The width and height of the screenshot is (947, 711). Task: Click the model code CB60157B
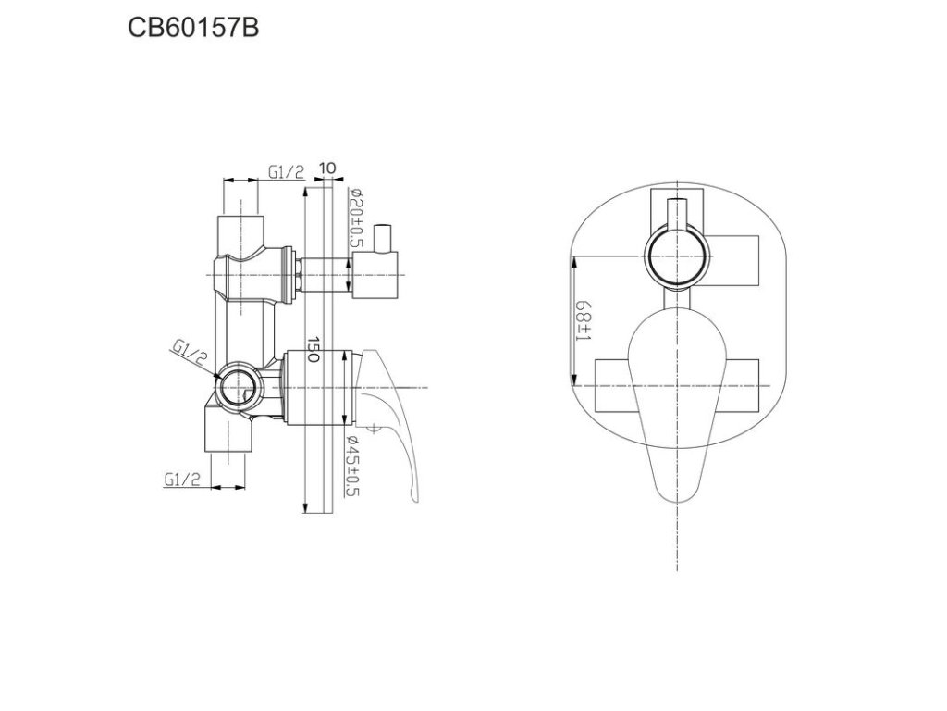click(192, 29)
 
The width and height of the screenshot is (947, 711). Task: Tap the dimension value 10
click(326, 170)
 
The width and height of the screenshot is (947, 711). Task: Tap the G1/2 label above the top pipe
click(286, 171)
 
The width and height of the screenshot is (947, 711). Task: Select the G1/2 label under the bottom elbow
click(183, 479)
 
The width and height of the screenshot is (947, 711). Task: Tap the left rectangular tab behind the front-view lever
click(615, 384)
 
